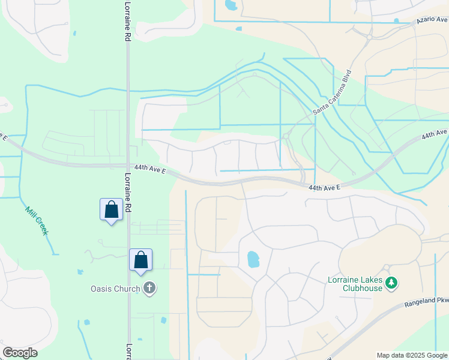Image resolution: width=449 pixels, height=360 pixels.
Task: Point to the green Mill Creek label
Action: pos(36,221)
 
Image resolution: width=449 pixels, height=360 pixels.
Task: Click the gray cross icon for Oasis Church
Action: pos(149,289)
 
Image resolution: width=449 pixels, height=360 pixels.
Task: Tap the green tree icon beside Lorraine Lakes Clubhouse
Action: pos(391,283)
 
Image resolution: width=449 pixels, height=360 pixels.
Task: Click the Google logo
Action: pos(20,353)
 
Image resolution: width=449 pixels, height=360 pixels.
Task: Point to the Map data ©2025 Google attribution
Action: pos(412,355)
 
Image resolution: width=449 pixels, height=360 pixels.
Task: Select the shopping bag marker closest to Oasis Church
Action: pos(140,260)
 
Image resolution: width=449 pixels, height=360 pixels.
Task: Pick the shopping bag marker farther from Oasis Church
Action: pos(111,210)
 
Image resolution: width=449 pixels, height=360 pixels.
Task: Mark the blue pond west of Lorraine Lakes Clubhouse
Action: pos(253,259)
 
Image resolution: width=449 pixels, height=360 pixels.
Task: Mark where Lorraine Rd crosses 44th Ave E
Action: pos(127,166)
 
